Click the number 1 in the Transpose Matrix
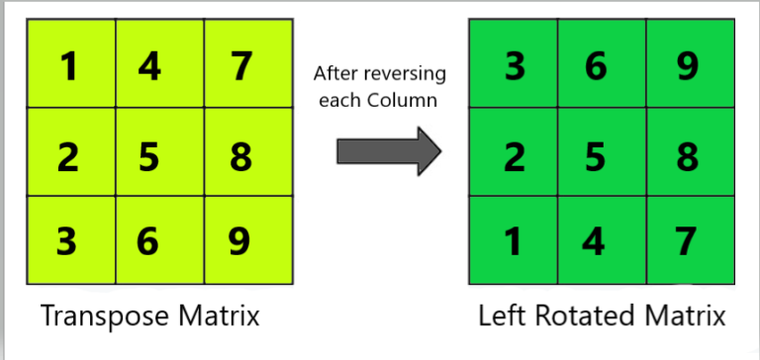tap(68, 66)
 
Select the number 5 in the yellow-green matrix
tap(149, 156)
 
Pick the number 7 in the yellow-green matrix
tap(239, 66)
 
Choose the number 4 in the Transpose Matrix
tap(149, 66)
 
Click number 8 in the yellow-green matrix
tap(239, 156)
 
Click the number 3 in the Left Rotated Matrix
tap(515, 66)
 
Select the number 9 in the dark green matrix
tap(687, 66)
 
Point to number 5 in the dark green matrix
tap(598, 156)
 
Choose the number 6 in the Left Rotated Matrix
tap(598, 66)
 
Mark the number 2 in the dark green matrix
tap(515, 156)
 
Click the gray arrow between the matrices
tap(387, 150)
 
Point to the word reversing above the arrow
tap(409, 74)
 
